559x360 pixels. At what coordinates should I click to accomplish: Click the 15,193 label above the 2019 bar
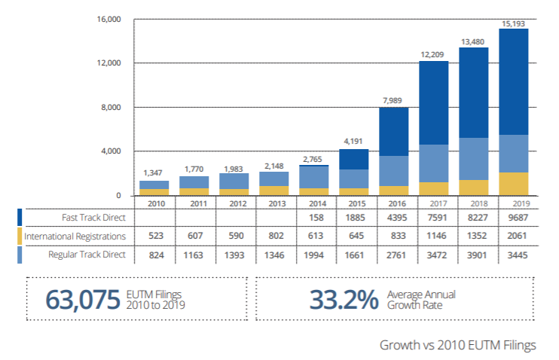514,23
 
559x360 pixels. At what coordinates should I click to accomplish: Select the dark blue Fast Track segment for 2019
514,81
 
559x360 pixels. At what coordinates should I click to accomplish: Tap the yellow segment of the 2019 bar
514,184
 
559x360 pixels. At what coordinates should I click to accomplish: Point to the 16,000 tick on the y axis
109,18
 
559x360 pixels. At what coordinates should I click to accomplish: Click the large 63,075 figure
83,299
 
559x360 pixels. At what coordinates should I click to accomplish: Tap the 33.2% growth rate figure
343,299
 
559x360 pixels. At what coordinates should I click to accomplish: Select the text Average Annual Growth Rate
421,300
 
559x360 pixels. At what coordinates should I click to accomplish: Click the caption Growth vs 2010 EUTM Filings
457,345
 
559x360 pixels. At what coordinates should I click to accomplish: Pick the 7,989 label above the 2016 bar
393,102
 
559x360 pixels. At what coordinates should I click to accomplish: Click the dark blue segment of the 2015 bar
353,159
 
